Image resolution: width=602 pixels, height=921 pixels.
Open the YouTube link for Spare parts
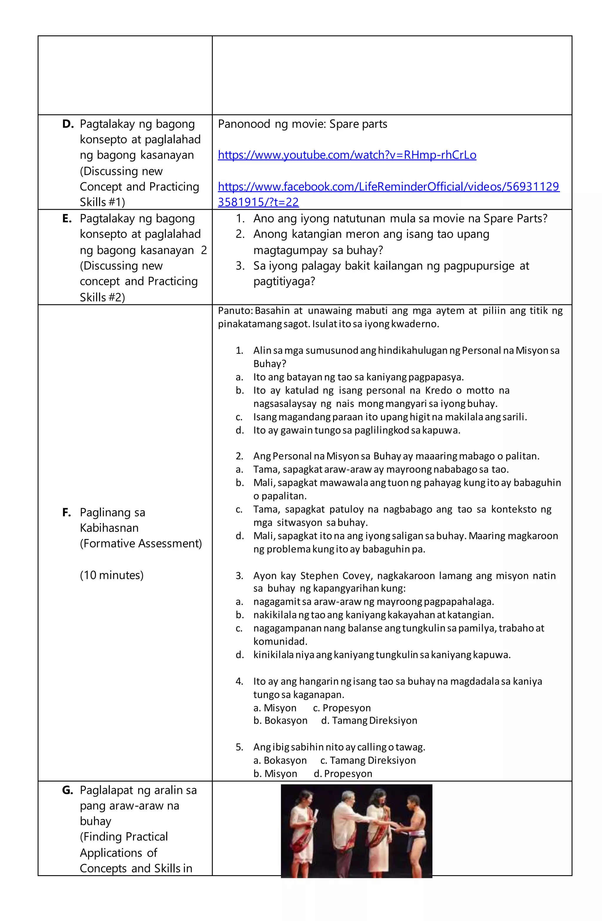click(x=347, y=155)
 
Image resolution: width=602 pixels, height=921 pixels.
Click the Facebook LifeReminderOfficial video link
click(x=388, y=187)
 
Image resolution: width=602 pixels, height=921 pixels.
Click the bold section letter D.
click(x=67, y=124)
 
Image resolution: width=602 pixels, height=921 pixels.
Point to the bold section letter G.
click(x=67, y=790)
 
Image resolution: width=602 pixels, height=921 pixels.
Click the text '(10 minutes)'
click(x=111, y=575)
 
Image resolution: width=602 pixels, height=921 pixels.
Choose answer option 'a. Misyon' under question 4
click(x=275, y=708)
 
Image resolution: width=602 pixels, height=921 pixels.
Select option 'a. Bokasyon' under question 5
click(x=280, y=760)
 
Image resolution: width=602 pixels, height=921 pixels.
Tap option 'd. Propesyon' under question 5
click(x=342, y=774)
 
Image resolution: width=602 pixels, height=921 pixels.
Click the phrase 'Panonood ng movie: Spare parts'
click(x=302, y=124)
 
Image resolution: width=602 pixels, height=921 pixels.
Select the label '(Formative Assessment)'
click(x=141, y=544)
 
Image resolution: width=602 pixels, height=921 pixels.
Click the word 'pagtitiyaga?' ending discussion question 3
click(x=284, y=281)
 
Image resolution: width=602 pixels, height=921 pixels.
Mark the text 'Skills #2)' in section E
click(x=102, y=297)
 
